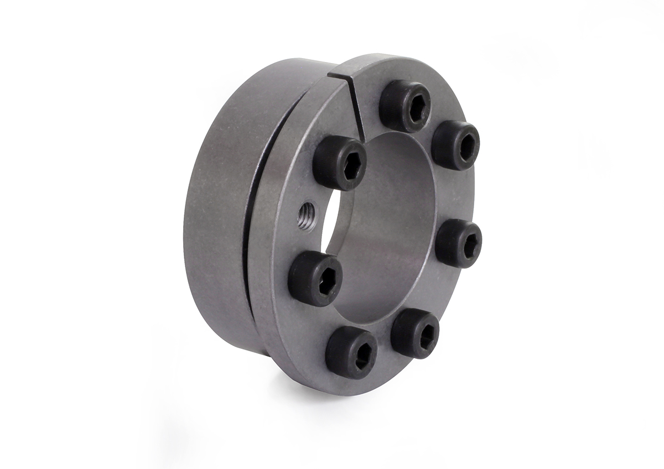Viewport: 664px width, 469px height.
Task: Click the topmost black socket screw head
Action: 405,106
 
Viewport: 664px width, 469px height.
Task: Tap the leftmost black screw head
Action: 315,278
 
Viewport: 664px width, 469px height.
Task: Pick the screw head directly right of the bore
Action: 458,243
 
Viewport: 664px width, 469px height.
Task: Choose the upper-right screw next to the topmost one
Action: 455,145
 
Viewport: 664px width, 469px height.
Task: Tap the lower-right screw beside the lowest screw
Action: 415,333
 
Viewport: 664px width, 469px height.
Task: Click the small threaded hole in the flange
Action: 305,211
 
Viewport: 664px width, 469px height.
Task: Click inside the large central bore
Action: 382,232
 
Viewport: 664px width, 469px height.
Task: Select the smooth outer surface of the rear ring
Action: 216,221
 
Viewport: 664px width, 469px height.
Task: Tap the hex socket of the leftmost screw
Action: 324,282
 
